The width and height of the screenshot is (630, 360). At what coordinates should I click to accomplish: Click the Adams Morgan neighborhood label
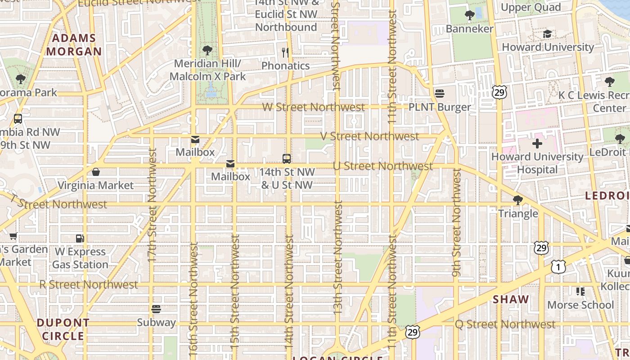(x=74, y=45)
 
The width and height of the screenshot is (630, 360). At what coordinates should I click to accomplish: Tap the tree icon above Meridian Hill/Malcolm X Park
(x=207, y=49)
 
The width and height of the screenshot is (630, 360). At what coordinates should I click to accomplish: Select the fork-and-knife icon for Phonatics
(x=285, y=53)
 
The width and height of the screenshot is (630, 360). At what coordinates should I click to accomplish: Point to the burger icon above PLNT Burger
(x=440, y=94)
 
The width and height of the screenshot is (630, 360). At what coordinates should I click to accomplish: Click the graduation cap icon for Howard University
(x=547, y=34)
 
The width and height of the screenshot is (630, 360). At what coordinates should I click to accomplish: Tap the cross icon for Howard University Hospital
(x=537, y=144)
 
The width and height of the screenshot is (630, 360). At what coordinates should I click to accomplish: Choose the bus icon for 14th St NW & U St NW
(x=287, y=158)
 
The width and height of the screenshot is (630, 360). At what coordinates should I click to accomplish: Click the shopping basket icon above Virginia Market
(x=95, y=172)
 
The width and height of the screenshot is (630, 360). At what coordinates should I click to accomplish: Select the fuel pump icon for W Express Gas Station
(x=80, y=238)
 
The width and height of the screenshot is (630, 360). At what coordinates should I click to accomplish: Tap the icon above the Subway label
(x=156, y=309)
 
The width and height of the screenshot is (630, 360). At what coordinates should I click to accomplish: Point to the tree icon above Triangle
(x=518, y=200)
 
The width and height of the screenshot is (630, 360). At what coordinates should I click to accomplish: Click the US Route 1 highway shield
(x=558, y=267)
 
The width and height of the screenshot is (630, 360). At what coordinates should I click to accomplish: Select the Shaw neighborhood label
(x=511, y=300)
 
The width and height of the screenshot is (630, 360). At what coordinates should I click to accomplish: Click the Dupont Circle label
(x=63, y=329)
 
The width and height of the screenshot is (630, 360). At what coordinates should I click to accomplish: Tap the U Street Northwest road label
(x=383, y=166)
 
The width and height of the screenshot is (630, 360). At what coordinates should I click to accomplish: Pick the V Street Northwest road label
(x=369, y=136)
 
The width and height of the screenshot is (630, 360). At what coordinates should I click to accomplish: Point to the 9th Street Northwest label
(x=457, y=222)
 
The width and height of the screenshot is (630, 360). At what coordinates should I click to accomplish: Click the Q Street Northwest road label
(x=505, y=324)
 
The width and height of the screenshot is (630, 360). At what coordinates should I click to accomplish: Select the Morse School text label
(x=580, y=305)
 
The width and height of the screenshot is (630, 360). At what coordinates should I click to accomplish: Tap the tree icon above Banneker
(x=469, y=15)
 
